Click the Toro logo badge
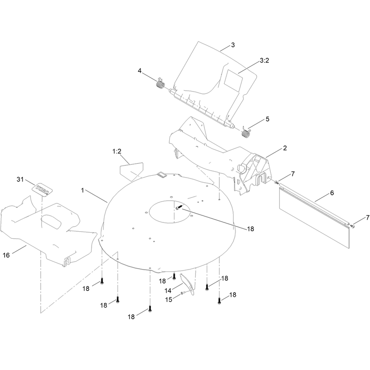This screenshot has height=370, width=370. point(43,189)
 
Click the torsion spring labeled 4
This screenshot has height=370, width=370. point(160,83)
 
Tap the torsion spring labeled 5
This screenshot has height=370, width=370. point(246,132)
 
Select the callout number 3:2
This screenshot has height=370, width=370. point(264,61)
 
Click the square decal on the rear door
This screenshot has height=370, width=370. point(233,81)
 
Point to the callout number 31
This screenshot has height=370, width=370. point(20,179)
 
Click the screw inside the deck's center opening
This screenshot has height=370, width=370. point(179,208)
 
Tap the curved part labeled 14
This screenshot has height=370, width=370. point(187,284)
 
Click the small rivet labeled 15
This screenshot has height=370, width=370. point(182,293)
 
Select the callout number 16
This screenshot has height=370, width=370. point(6,255)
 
